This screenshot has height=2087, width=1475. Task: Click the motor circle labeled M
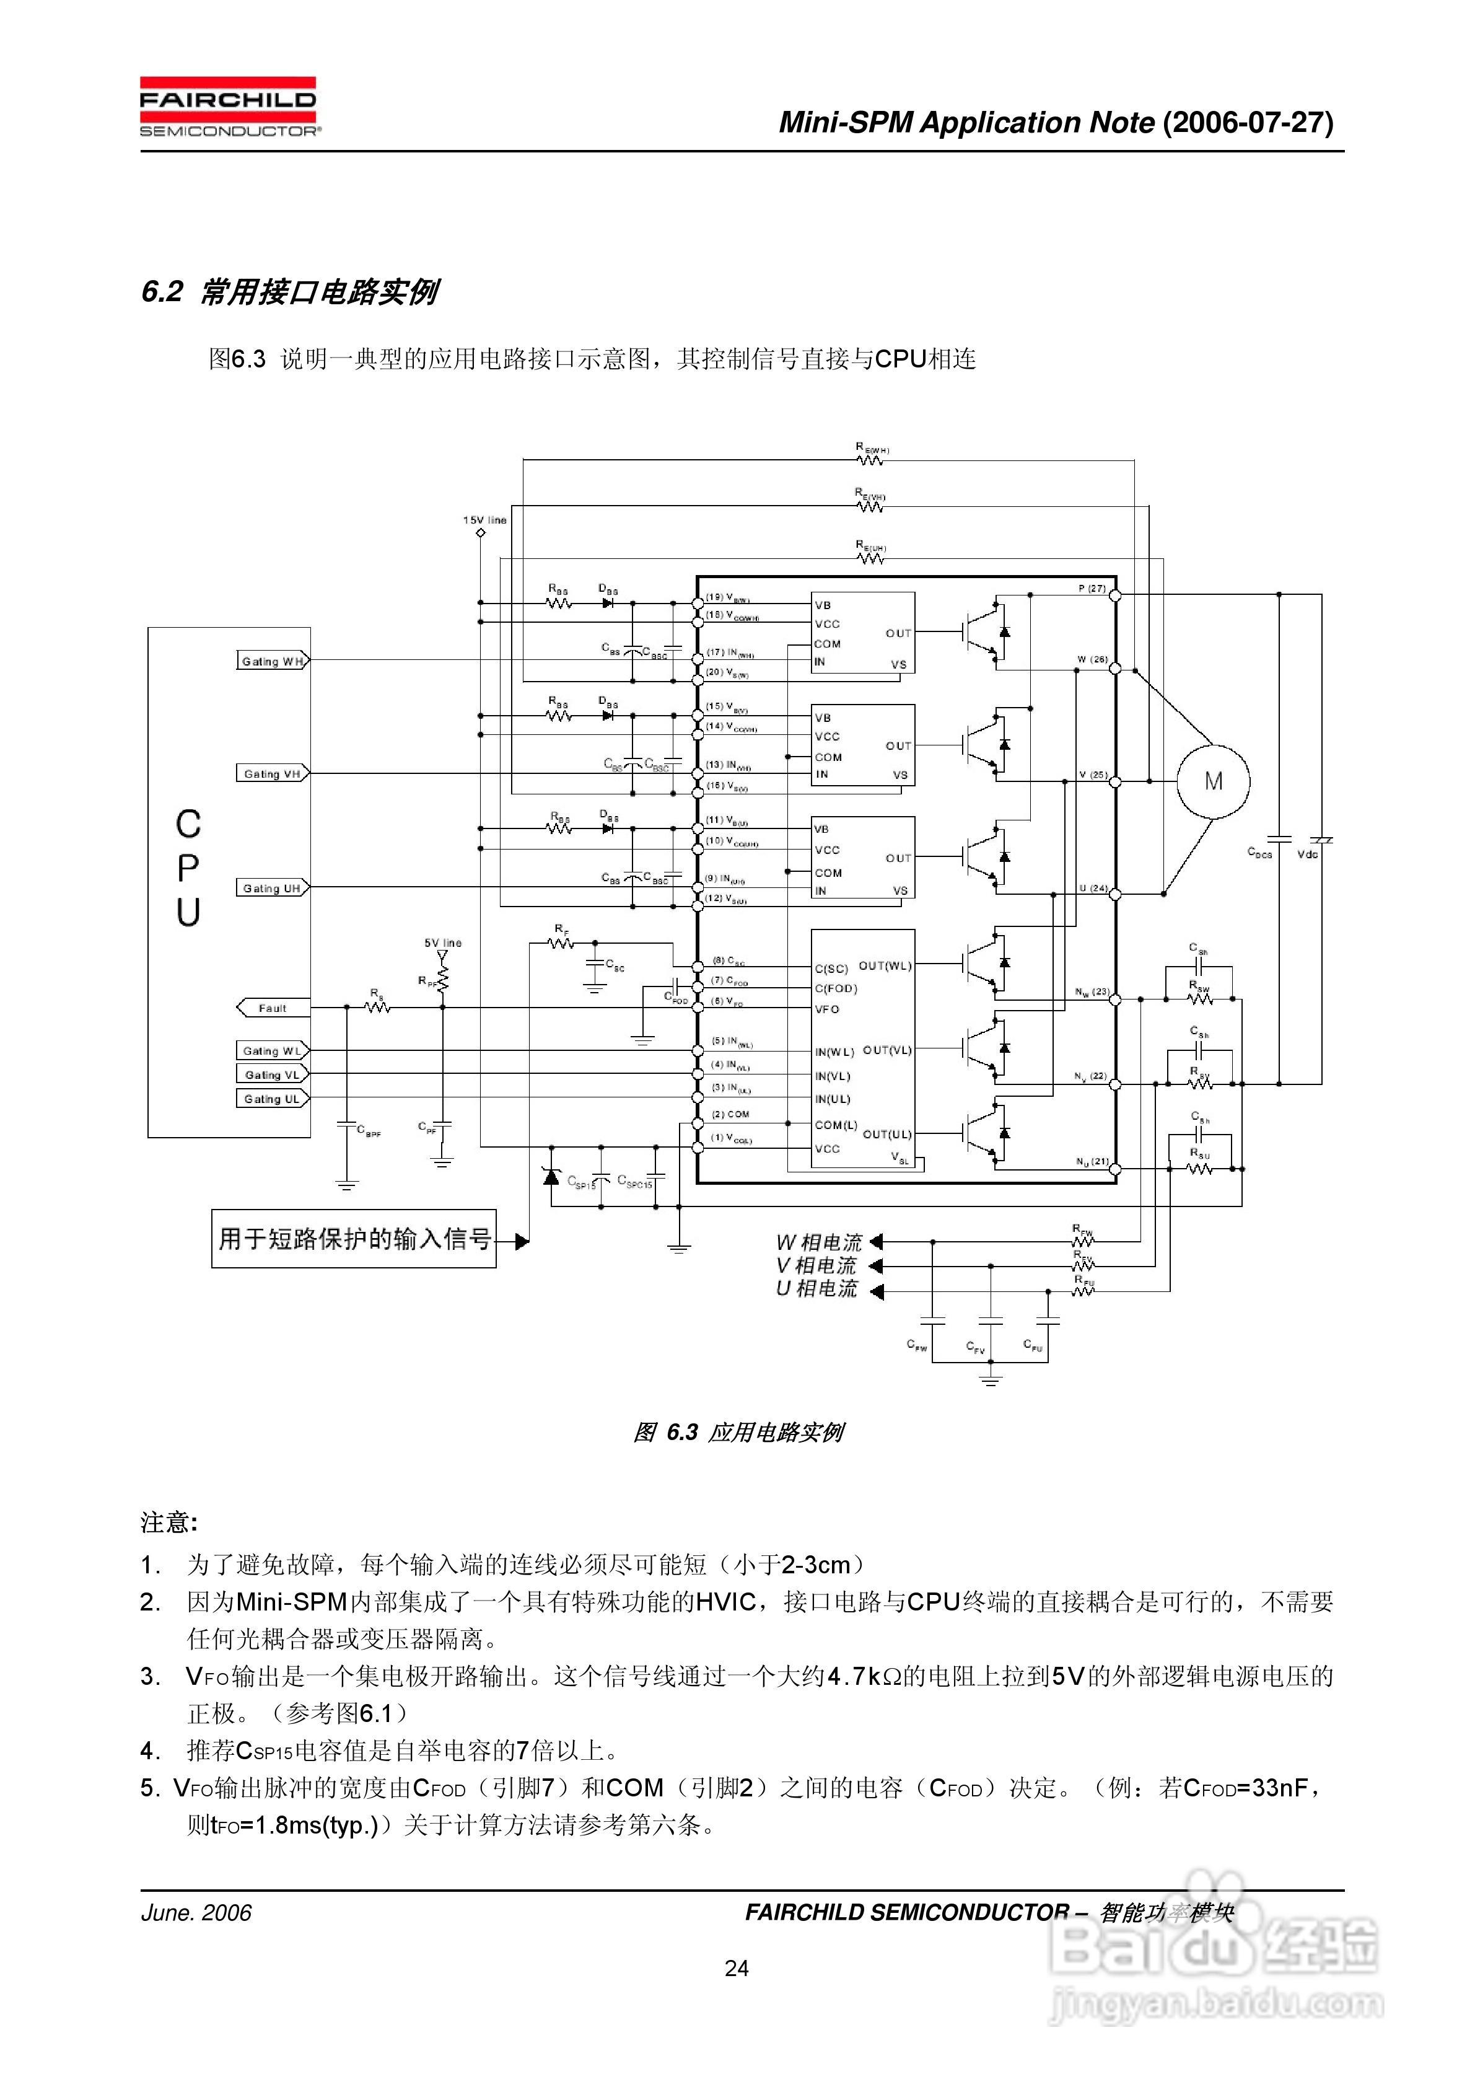[x=1212, y=782]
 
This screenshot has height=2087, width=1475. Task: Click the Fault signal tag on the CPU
[x=272, y=1008]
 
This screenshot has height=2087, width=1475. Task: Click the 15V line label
[x=484, y=520]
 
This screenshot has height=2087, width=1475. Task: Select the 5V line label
[x=442, y=942]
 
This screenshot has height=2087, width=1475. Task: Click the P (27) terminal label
[x=1092, y=588]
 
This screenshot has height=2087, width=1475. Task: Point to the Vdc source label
[x=1308, y=855]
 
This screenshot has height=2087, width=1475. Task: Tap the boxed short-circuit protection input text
[x=354, y=1239]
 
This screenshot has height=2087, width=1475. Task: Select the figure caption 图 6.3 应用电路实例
[x=738, y=1433]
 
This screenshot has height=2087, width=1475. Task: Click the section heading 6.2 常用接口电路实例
[x=290, y=292]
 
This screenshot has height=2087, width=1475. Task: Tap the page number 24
[x=737, y=1968]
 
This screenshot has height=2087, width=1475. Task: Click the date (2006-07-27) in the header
[x=1248, y=122]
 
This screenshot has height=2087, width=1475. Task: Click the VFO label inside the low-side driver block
[x=827, y=1009]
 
